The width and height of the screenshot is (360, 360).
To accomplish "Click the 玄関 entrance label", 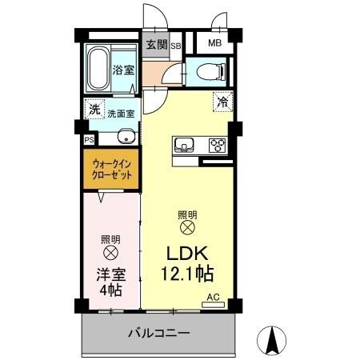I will click(157, 45).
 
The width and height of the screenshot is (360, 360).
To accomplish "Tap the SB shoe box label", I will click(176, 46).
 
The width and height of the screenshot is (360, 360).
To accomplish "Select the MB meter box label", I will click(215, 44).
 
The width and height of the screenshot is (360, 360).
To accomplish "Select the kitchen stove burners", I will click(216, 146).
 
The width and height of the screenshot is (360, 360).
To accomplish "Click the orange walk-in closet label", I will click(111, 170).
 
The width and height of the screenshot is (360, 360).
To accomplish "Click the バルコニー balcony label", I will click(158, 333).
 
